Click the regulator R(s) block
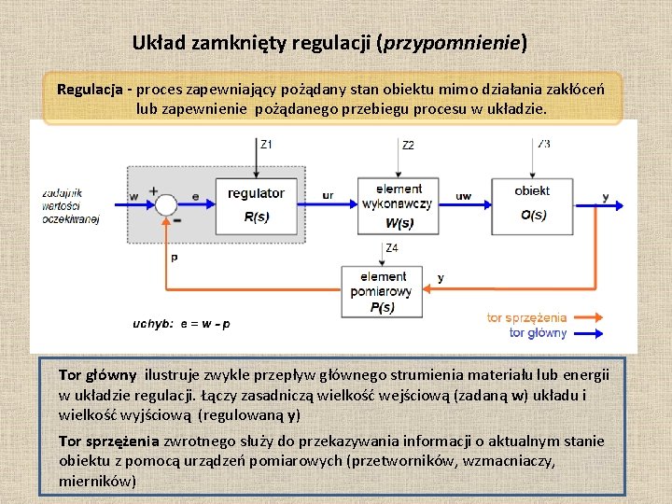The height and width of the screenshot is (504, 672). coord(256,204)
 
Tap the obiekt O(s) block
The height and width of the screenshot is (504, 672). coord(533,203)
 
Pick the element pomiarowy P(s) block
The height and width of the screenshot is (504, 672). coord(383,291)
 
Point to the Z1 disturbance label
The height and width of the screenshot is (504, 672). coord(266,144)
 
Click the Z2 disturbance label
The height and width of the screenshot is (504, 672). coord(408,145)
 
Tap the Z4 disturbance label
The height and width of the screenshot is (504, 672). coord(392,247)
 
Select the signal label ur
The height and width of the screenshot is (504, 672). coord(328,195)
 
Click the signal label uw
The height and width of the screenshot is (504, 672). coord(463,195)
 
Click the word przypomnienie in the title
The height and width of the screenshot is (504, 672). coord(452,43)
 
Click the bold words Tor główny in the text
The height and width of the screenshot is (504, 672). coord(97,375)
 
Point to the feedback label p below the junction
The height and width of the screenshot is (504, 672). coord(175,257)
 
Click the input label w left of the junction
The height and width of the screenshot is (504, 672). coord(134,196)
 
